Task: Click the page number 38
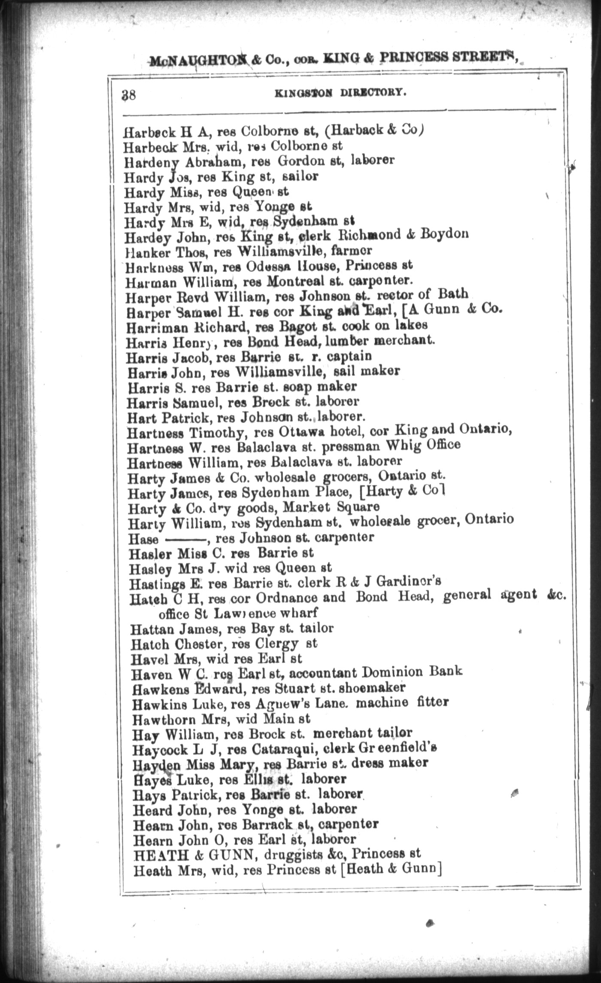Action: coord(129,94)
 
